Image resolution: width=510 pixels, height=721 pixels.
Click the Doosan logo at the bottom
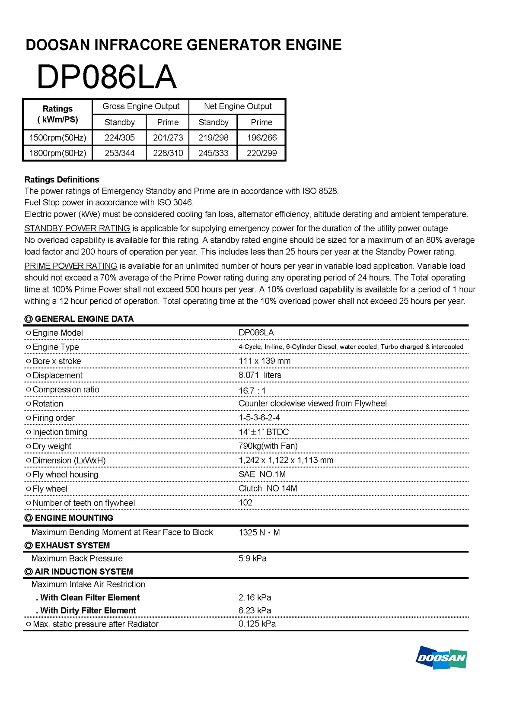click(x=441, y=657)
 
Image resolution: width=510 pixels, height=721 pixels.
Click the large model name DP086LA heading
click(x=106, y=77)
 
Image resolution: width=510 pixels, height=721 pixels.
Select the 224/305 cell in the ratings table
click(x=119, y=138)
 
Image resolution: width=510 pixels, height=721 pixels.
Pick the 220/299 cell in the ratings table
click(x=261, y=153)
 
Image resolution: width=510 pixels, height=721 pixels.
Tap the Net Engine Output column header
click(x=237, y=106)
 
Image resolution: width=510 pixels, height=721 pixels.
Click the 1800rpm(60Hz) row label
click(x=57, y=153)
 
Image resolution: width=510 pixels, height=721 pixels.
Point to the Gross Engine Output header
click(x=141, y=106)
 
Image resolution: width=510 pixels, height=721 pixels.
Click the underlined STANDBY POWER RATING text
click(x=77, y=228)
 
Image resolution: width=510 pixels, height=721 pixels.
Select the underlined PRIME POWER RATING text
click(x=71, y=266)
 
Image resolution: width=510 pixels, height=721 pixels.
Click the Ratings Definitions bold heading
click(x=62, y=180)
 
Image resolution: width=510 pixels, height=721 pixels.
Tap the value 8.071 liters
click(x=260, y=375)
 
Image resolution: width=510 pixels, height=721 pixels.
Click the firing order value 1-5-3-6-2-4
click(x=259, y=418)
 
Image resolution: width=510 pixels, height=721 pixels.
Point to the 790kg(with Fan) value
click(x=268, y=446)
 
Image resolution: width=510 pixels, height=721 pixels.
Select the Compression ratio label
click(x=66, y=390)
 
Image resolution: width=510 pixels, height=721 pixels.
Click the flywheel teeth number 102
click(x=245, y=502)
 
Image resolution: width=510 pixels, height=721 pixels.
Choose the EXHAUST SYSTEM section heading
click(x=72, y=545)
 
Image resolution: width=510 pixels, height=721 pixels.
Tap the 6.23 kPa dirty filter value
click(x=255, y=610)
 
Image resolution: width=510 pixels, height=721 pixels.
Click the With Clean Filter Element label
click(x=90, y=597)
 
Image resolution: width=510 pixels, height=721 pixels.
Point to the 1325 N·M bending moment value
click(x=259, y=532)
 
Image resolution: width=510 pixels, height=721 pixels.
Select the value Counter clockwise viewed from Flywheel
click(x=312, y=403)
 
